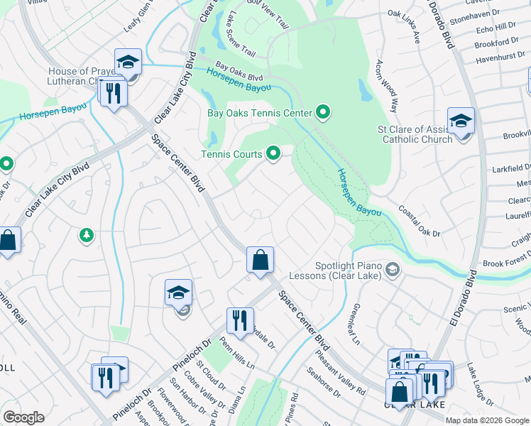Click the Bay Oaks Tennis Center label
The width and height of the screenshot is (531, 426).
tap(260, 113)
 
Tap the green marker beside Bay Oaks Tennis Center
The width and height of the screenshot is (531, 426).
tap(324, 112)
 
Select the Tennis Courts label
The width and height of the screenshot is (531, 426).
tap(231, 154)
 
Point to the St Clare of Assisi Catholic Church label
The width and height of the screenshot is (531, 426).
tap(415, 134)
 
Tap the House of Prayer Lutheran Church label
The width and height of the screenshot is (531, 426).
tap(79, 76)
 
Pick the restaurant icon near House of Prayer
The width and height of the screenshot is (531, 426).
tap(113, 92)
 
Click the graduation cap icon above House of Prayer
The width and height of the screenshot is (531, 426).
tap(128, 62)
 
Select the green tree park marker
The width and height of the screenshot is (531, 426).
tap(87, 234)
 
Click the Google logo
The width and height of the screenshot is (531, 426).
tap(23, 417)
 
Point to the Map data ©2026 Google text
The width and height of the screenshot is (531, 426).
tap(487, 420)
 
